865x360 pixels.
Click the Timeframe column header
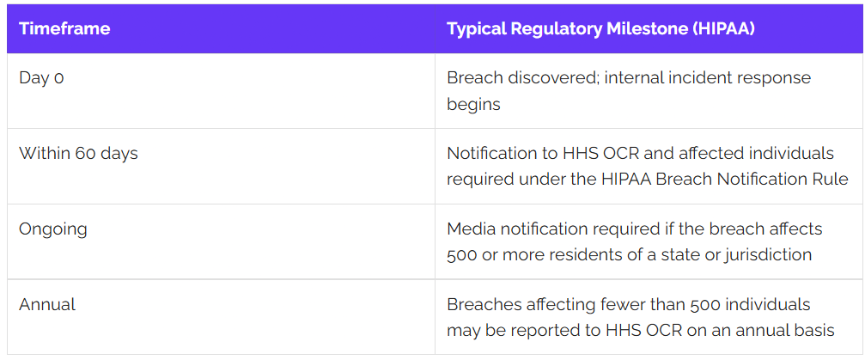[64, 28]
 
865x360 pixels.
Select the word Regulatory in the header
[556, 29]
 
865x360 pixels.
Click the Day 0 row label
[41, 78]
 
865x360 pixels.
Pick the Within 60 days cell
[78, 153]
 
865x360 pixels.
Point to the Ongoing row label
[53, 229]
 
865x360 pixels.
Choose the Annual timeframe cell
[47, 304]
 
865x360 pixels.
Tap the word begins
[473, 104]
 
